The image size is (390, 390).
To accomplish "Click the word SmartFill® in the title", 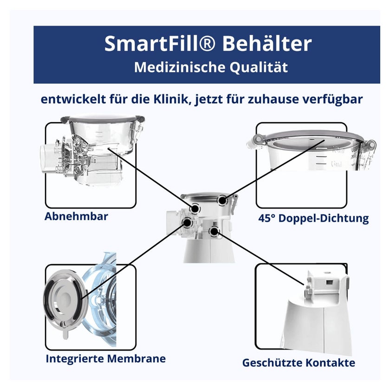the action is [x=159, y=44].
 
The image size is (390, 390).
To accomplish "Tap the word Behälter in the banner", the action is [x=267, y=44].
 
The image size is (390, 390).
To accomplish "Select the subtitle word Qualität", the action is [x=259, y=67].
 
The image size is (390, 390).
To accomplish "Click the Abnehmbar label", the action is [x=76, y=216].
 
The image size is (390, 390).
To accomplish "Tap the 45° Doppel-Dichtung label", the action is [x=313, y=218].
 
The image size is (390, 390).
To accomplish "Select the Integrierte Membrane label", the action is [x=106, y=358].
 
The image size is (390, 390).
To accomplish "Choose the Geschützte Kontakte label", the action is [x=299, y=363].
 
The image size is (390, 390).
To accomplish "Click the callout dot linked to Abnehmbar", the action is [x=195, y=208].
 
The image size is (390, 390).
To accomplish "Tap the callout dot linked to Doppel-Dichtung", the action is [x=222, y=200].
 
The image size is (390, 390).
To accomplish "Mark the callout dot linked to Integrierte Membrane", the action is [x=187, y=222].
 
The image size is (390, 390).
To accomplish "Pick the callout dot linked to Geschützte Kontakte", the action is [x=214, y=231].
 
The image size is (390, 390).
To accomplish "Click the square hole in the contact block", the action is [x=330, y=282].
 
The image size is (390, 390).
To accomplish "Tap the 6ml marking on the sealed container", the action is [x=336, y=164].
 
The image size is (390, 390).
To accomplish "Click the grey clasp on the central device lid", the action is [x=234, y=203].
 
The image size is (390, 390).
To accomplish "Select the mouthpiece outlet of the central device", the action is [x=172, y=222].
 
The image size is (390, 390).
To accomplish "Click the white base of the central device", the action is [x=209, y=251].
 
